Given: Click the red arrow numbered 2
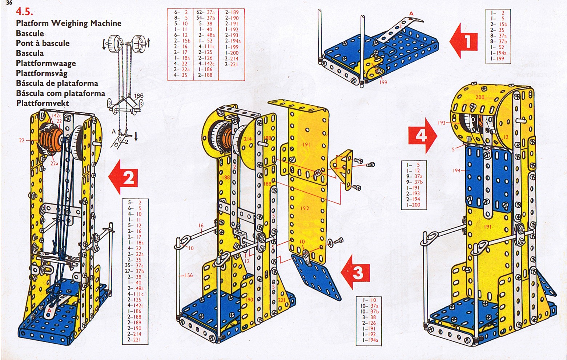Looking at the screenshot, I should click(124, 178).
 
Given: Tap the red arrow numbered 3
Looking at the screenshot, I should click(356, 272).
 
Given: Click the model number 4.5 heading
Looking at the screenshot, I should click(24, 12).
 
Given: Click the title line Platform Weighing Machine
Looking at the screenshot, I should click(68, 23).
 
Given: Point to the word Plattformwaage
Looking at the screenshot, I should click(46, 63).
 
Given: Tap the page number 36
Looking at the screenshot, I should click(9, 3).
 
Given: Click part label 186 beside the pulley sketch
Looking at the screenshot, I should click(138, 96).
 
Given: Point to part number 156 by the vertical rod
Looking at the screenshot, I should click(188, 275).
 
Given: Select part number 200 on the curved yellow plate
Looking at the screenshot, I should click(480, 97).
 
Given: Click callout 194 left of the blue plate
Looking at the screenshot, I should click(457, 170).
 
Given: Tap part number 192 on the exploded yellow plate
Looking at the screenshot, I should click(305, 208).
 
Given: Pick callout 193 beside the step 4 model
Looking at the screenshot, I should click(441, 123).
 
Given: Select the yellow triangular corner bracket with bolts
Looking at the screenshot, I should click(343, 169).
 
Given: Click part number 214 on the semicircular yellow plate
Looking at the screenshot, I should click(248, 139).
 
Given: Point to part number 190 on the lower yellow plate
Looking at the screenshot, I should click(249, 300).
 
